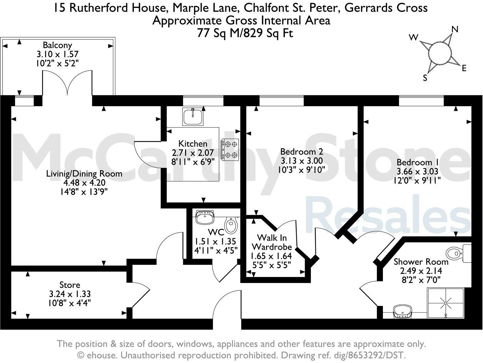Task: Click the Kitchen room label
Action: coord(193,144)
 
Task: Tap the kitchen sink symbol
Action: coord(193,116)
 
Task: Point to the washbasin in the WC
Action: coord(205,217)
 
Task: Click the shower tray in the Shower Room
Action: coord(445,303)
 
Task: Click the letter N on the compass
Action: coord(455,29)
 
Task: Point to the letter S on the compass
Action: coord(425,78)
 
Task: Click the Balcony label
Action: coord(57,45)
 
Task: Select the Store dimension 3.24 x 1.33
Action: coord(70,294)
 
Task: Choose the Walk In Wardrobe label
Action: coord(272,242)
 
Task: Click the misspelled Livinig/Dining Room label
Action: coord(84,174)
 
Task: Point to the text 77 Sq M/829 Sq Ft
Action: coord(245,33)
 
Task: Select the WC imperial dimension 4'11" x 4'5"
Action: coord(215,250)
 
